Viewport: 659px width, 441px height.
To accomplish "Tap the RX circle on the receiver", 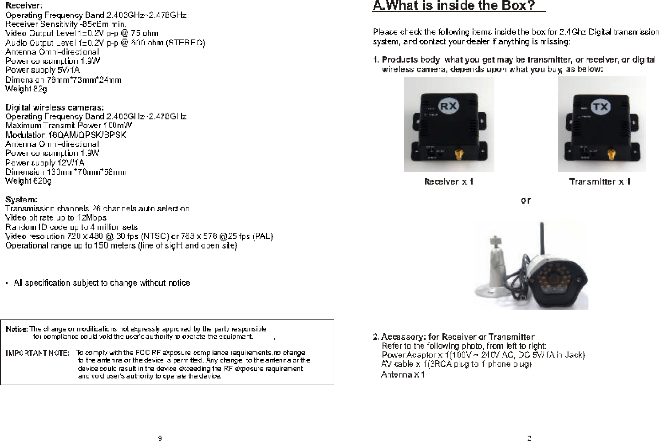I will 449,106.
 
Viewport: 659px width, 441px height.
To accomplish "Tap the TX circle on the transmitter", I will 600,106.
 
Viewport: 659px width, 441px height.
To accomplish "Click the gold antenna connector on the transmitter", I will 611,155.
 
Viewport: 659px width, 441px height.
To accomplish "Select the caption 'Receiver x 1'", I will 449,181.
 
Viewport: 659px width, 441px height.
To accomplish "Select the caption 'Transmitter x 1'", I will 600,181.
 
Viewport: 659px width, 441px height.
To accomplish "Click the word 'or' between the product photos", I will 525,201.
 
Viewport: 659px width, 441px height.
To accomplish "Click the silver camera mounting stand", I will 493,271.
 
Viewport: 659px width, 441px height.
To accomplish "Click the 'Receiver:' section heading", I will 24,6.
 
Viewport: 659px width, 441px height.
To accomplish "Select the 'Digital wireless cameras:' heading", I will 55,107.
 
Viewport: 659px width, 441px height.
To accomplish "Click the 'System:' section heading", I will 21,200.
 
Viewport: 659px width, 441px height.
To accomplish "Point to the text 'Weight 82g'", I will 26,89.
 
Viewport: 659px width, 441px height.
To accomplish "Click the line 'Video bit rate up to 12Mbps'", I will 55,218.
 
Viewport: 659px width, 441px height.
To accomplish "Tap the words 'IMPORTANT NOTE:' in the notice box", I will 37,353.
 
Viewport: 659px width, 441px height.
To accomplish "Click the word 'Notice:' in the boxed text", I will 17,329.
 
